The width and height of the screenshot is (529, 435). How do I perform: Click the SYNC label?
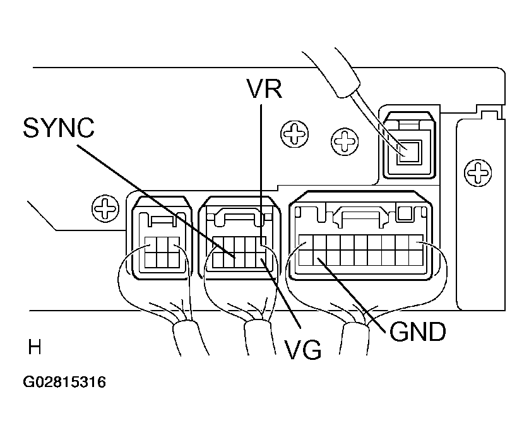[58, 128]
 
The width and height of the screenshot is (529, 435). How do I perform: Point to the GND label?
[417, 331]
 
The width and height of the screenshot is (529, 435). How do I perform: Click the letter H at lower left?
[35, 347]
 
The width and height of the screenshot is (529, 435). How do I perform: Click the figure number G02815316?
[64, 382]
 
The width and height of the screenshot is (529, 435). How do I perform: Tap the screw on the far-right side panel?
[479, 170]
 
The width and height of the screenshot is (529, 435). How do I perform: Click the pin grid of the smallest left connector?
[160, 252]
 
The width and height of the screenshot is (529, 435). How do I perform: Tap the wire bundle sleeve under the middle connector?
[257, 335]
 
